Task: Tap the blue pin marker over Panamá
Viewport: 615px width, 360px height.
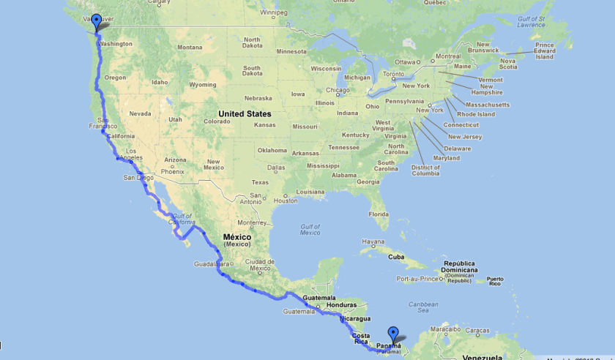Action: coord(393,334)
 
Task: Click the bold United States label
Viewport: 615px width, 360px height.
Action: coord(245,114)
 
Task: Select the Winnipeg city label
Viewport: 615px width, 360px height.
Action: coord(273,12)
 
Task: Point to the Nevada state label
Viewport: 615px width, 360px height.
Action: coord(140,113)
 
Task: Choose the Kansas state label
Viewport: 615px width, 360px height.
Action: coord(265,125)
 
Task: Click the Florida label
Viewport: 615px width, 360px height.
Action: coord(379,214)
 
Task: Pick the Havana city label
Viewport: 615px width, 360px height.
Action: coord(372,242)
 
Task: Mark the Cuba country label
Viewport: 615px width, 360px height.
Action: coord(396,257)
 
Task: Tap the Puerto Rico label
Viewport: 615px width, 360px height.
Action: coord(496,280)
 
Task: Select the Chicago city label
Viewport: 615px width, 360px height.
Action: coord(338,91)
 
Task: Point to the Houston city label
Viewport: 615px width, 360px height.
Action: coord(286,200)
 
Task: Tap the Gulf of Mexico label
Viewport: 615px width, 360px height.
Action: coord(310,230)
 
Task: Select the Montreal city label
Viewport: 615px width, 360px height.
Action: coord(448,56)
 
